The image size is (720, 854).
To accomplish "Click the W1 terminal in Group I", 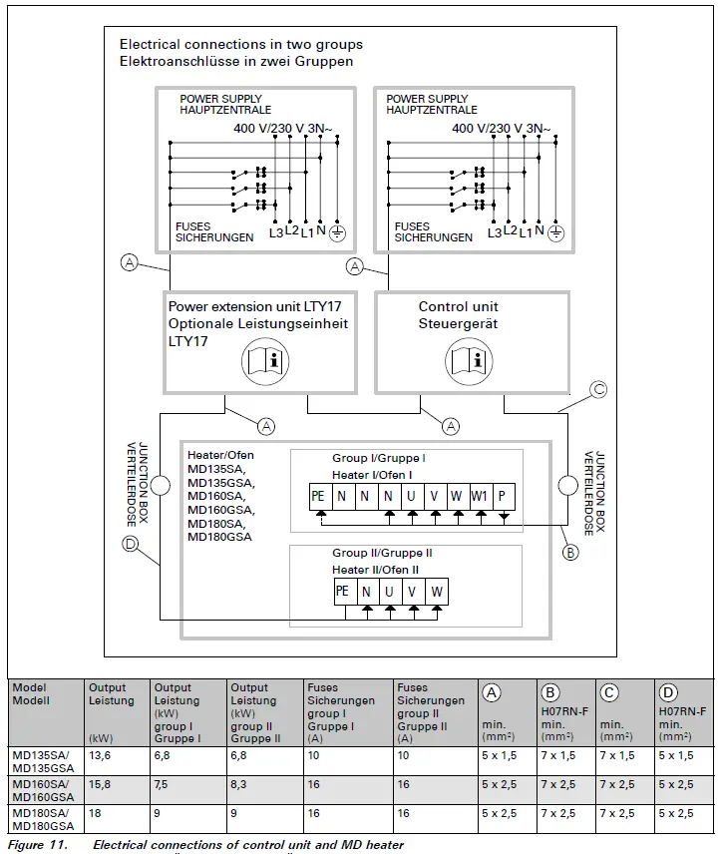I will (481, 493).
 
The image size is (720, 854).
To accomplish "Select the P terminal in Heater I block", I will (504, 493).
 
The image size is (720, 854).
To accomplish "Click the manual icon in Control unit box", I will (470, 358).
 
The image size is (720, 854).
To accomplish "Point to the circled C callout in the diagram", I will (598, 390).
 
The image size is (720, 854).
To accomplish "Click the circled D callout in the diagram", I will (131, 545).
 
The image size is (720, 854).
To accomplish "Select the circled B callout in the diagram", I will (570, 552).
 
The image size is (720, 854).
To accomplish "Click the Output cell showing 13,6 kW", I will (100, 756).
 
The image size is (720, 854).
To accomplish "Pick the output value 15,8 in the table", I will (100, 785).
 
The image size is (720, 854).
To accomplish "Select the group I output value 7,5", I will (163, 785).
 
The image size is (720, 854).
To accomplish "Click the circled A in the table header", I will (491, 692).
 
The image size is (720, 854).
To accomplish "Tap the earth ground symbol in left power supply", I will (338, 233).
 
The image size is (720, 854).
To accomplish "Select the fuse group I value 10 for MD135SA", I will (314, 756).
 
